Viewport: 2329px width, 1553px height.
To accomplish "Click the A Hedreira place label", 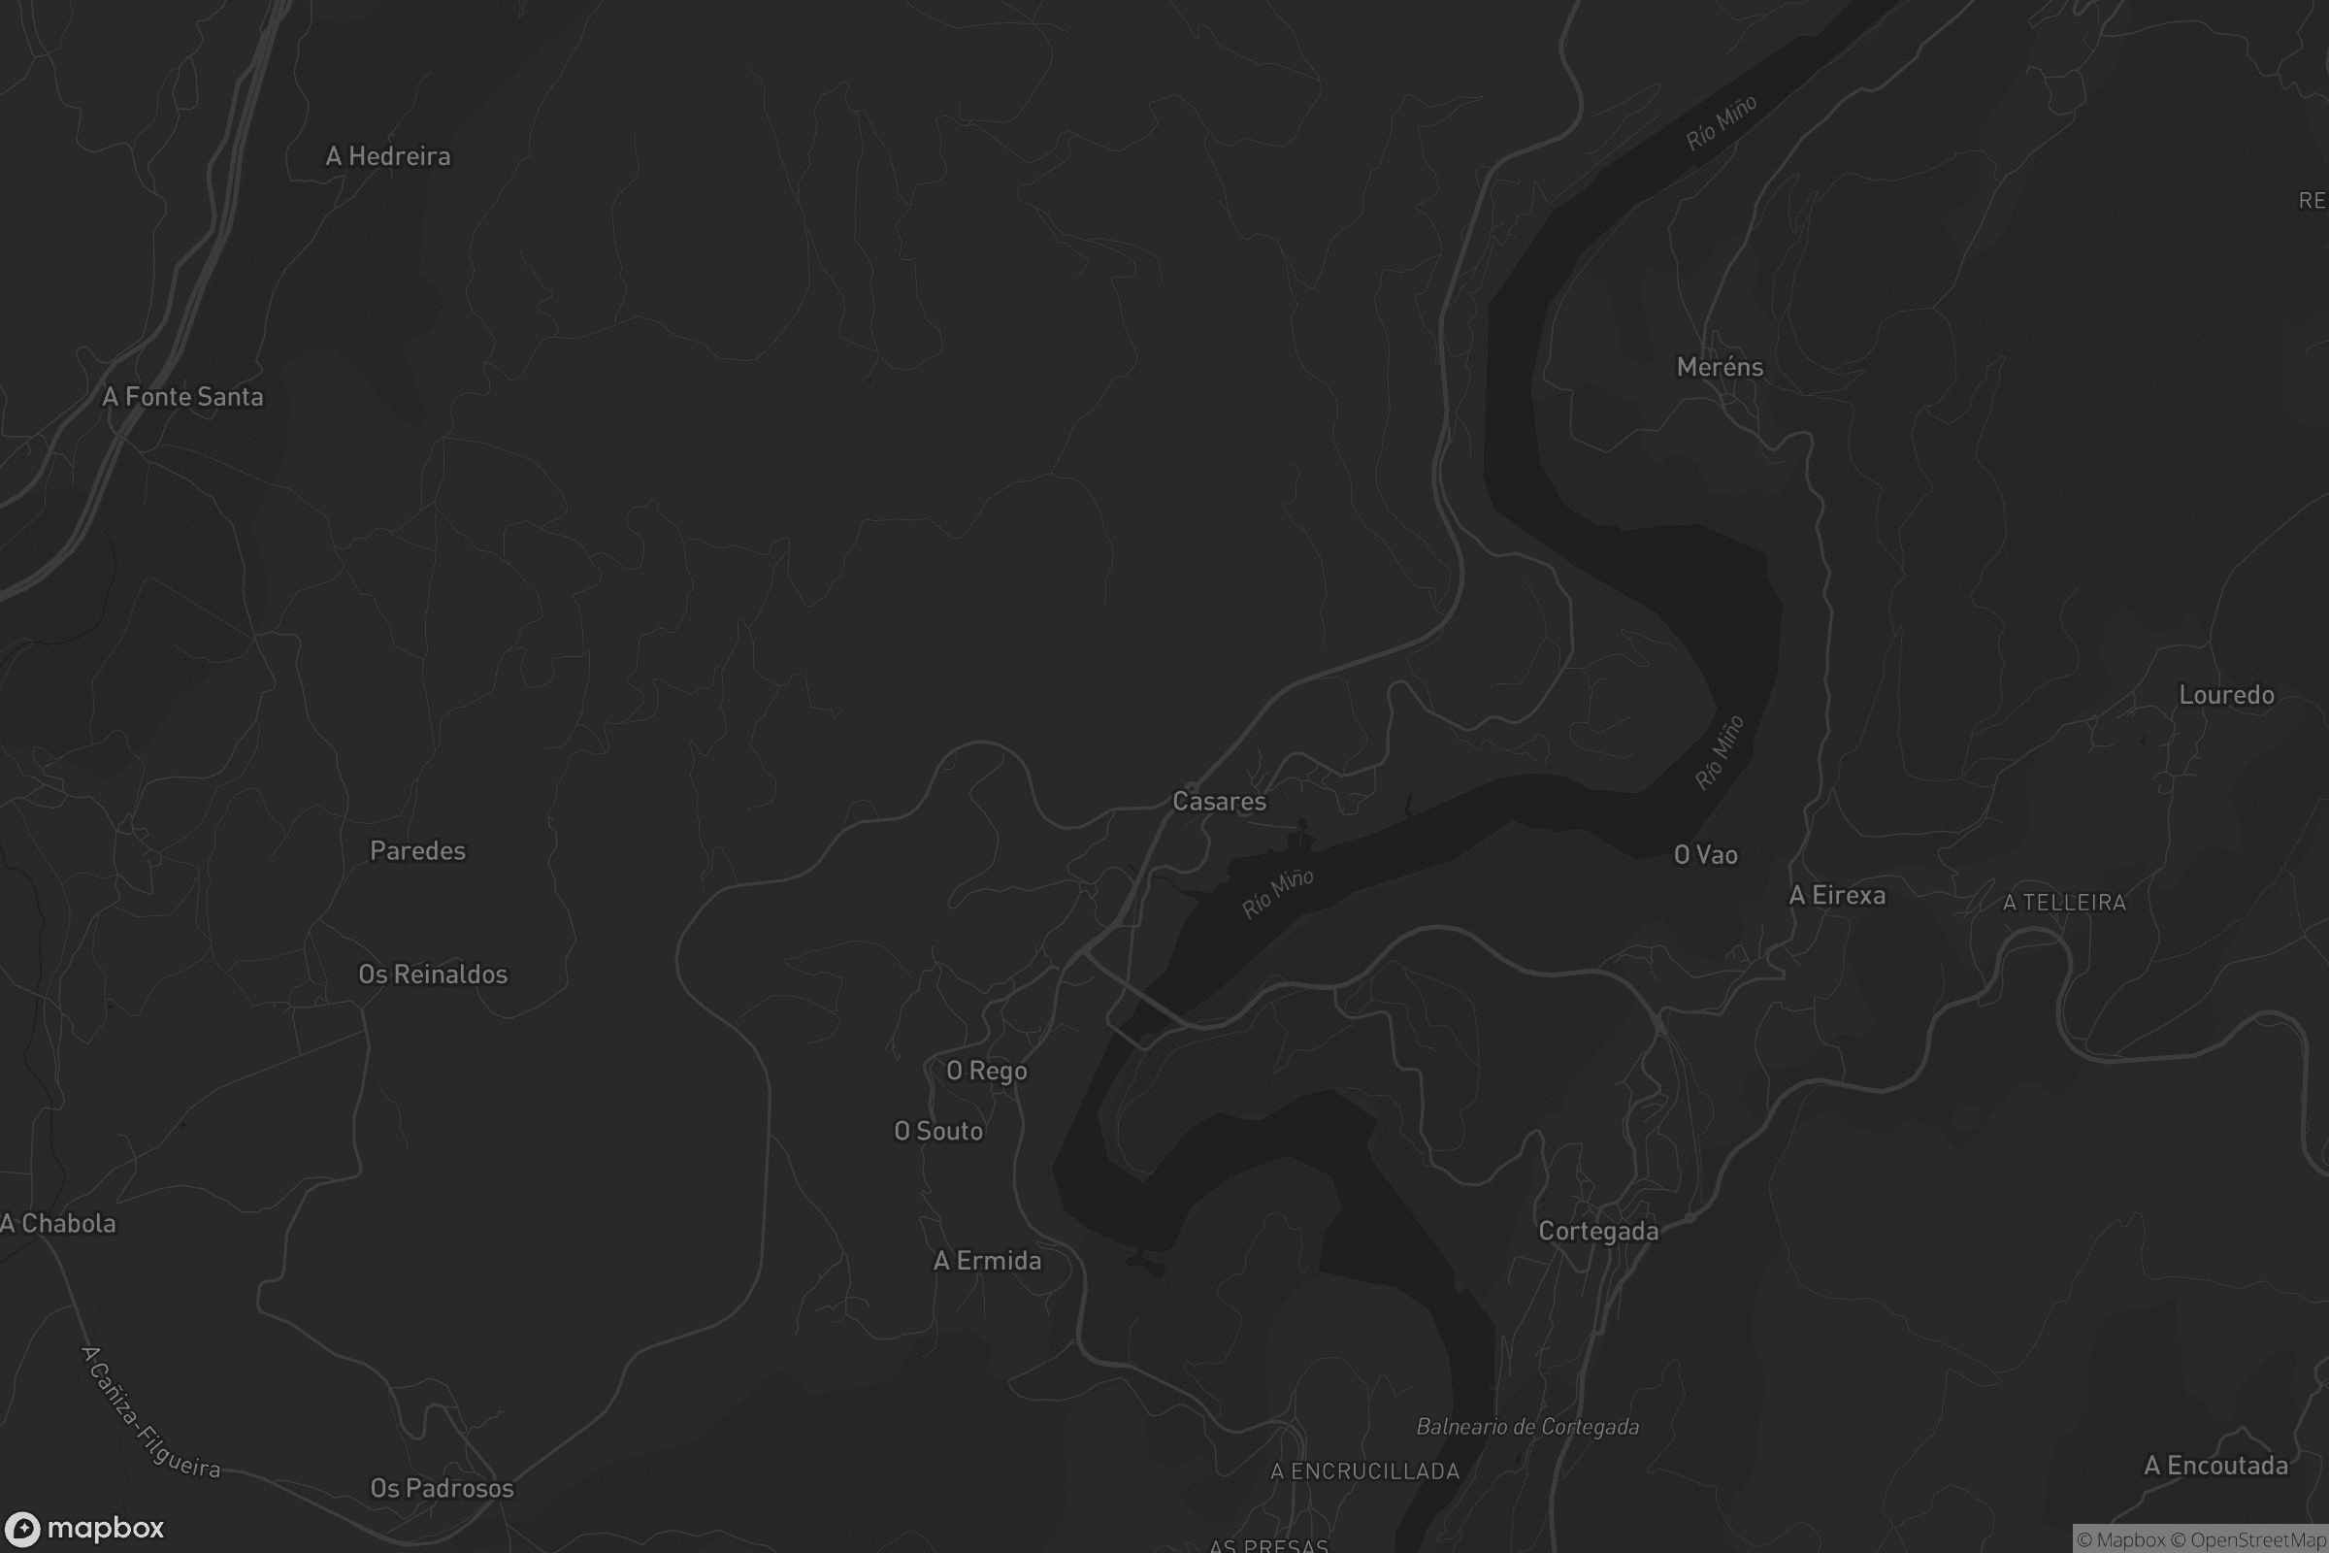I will click(388, 156).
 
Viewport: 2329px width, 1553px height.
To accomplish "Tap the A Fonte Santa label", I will click(183, 397).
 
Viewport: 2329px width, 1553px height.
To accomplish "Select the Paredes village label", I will click(417, 851).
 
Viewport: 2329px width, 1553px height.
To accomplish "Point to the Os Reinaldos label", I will click(433, 975).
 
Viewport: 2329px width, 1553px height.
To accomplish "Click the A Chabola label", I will click(58, 1224).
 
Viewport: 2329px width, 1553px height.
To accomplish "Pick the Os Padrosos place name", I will click(442, 1489).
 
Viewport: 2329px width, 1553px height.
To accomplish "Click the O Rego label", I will click(986, 1071).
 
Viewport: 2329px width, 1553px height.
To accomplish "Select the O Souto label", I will click(937, 1131).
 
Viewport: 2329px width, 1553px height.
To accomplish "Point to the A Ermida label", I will click(987, 1261).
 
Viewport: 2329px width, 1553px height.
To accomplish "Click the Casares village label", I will click(1219, 802).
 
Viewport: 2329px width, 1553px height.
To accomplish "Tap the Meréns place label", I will click(1720, 368).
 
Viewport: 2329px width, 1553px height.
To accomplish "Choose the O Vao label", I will click(1705, 855).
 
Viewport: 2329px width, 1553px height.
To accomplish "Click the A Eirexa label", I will click(1837, 895).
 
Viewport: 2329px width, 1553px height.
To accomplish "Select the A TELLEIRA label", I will click(2064, 903).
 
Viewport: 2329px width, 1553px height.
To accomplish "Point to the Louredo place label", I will click(2226, 695).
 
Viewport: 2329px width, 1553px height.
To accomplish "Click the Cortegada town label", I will click(1598, 1231).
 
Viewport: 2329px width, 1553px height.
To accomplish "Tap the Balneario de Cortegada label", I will click(1526, 1427).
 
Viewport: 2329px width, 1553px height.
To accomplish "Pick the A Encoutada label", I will click(2216, 1466).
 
